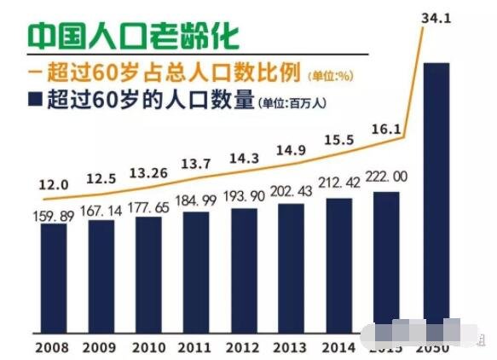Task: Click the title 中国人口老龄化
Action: click(131, 36)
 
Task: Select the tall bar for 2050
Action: click(436, 196)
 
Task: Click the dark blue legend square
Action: click(34, 100)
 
